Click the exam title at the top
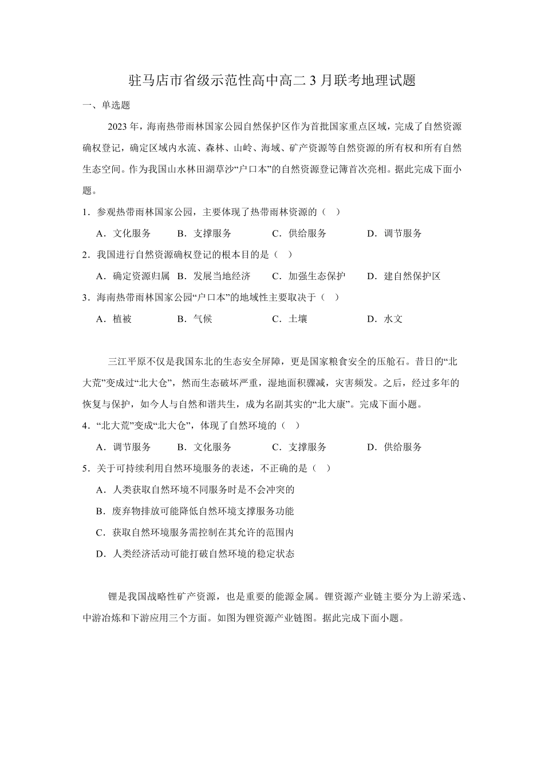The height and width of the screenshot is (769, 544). coord(272,81)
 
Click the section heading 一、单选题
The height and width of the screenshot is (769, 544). coord(107,105)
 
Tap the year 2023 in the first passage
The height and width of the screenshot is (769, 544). coord(118,126)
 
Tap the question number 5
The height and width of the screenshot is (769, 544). coord(85,469)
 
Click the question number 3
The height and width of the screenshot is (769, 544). coord(85,298)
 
